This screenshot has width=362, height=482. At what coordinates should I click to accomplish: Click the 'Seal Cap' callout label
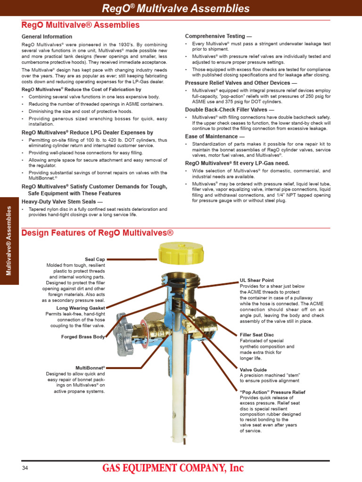(95, 259)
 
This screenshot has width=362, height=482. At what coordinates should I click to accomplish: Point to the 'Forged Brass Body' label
(83, 337)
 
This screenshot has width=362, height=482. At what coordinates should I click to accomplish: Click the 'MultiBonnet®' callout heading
(90, 368)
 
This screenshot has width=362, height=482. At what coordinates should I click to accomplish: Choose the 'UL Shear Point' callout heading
(257, 280)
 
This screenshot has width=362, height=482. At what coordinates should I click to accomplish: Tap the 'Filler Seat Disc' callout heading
(257, 335)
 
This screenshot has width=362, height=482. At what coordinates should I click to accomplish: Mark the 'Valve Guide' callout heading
(254, 370)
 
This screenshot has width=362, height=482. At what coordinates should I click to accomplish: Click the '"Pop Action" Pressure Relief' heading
(272, 392)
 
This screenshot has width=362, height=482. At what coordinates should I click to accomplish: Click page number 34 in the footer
(25, 468)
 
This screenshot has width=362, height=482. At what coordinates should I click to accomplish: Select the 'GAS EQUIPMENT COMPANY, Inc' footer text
(173, 468)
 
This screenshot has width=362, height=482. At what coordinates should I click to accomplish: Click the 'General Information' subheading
(47, 37)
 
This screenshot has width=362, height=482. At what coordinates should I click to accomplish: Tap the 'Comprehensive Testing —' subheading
(215, 36)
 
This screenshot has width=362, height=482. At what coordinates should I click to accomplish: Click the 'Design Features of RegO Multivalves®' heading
(98, 233)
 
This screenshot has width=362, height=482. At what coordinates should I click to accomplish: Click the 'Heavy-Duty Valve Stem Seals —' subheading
(62, 201)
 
